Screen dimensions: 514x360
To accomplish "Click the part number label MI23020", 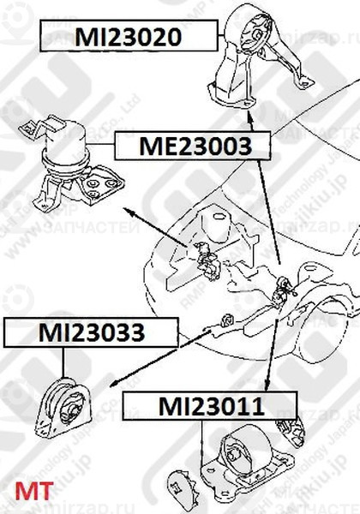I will coord(128,38).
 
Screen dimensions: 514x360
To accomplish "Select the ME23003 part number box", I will coord(196,146).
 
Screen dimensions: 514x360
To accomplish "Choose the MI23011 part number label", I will coord(210,406).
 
